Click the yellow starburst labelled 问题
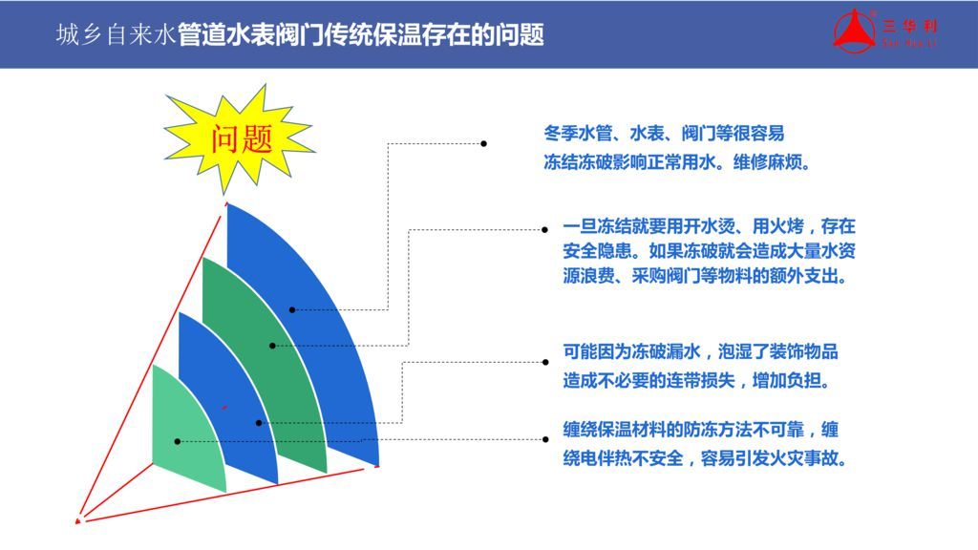coord(239,139)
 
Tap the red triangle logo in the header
coord(855,32)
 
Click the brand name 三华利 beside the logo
coord(909,26)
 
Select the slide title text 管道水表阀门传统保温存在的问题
coord(360,35)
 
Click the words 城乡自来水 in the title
coord(116,35)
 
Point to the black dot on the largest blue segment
coord(292,310)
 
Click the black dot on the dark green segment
coord(272,346)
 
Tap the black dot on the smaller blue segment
coord(259,423)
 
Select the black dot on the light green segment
coord(177,441)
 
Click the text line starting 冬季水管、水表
coord(664,133)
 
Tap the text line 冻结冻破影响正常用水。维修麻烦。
coord(678,162)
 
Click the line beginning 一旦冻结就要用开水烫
coord(709,225)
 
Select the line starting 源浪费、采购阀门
coord(706,276)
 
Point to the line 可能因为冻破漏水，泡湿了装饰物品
coord(700,351)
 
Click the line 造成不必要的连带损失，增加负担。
coord(697,380)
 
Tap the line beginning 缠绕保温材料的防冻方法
coord(700,430)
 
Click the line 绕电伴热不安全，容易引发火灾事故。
coord(706,459)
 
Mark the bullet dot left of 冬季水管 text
coord(484,143)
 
